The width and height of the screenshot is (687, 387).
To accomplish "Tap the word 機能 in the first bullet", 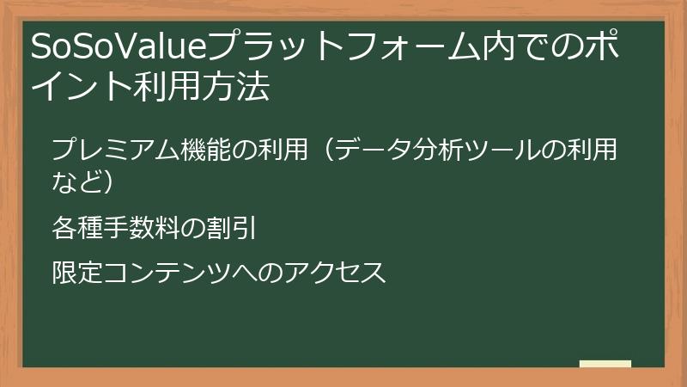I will coord(207,151).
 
